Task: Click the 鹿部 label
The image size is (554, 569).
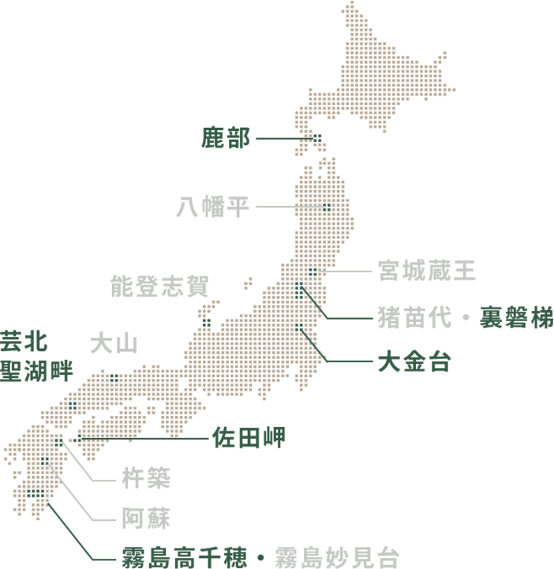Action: (x=225, y=140)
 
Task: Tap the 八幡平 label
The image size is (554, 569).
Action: (x=212, y=208)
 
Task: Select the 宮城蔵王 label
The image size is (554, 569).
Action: (x=426, y=271)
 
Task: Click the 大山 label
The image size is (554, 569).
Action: (x=114, y=344)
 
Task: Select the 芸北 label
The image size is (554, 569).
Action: (x=23, y=343)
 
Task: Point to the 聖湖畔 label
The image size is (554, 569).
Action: (x=36, y=369)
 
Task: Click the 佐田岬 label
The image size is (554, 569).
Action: (x=249, y=437)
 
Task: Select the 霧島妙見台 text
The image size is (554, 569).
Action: (x=337, y=558)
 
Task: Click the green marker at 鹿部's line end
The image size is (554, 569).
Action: (x=316, y=139)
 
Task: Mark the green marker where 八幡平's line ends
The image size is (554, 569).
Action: (x=326, y=208)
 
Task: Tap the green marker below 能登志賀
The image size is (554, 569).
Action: (x=206, y=322)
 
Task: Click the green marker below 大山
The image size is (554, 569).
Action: (x=114, y=378)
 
